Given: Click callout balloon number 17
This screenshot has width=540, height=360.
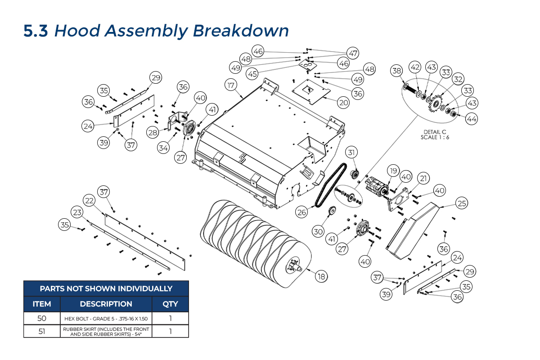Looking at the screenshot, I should pyautogui.click(x=231, y=85).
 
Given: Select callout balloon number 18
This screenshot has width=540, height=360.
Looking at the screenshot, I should pyautogui.click(x=321, y=276).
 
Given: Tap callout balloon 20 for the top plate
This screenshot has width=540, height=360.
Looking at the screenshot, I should pyautogui.click(x=343, y=103).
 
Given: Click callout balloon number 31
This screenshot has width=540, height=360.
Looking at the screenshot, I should pyautogui.click(x=351, y=152).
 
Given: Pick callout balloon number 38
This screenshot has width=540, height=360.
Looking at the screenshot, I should pyautogui.click(x=396, y=71).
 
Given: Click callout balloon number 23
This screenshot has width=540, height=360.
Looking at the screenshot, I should pyautogui.click(x=77, y=212).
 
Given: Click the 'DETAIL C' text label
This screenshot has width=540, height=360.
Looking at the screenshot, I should pyautogui.click(x=435, y=131).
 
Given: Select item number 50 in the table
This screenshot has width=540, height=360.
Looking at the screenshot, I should pyautogui.click(x=42, y=319).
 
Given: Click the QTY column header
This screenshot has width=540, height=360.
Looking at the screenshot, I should pyautogui.click(x=170, y=304).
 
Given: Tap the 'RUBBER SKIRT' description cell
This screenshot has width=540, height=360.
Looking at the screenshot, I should pyautogui.click(x=106, y=331).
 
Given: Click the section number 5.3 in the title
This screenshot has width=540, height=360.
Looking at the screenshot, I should pyautogui.click(x=36, y=31).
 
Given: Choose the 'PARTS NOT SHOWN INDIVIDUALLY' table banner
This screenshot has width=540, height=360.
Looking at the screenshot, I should pyautogui.click(x=106, y=288).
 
